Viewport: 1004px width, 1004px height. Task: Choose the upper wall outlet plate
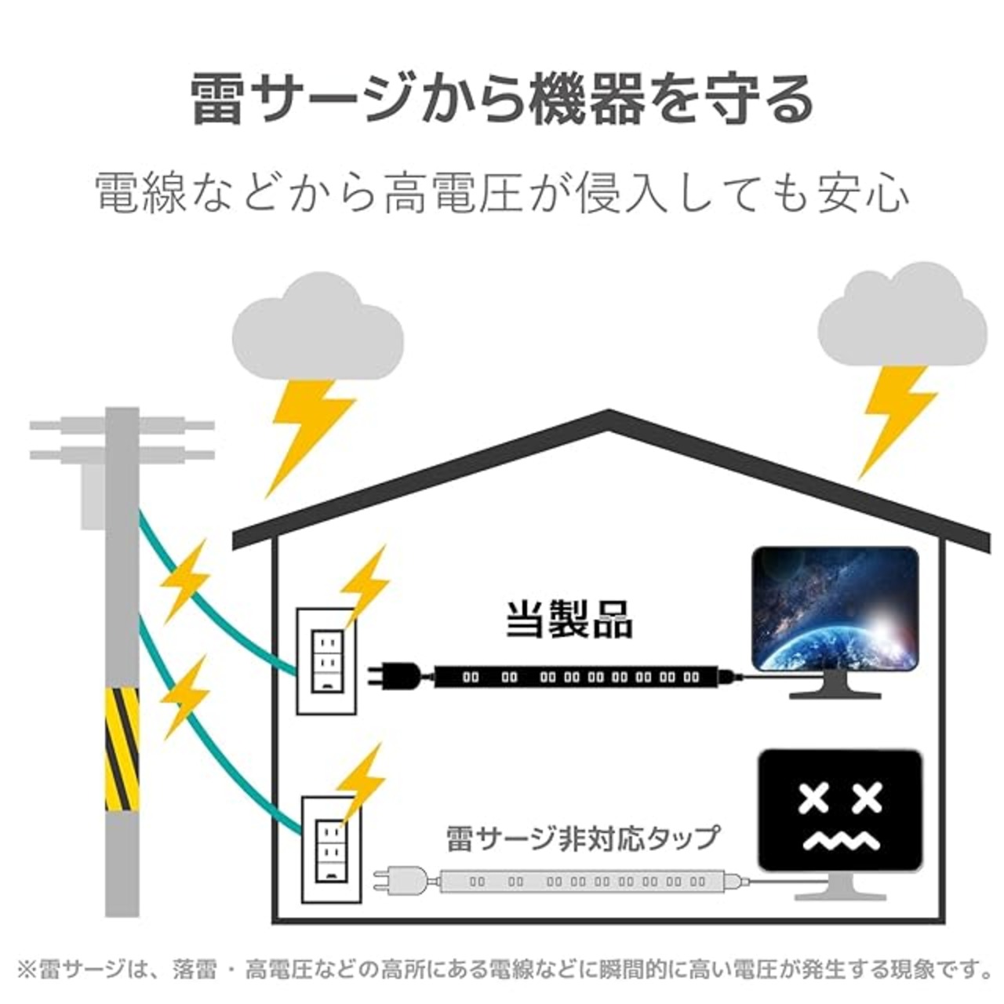(326, 661)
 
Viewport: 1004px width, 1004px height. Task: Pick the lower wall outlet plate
(331, 865)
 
